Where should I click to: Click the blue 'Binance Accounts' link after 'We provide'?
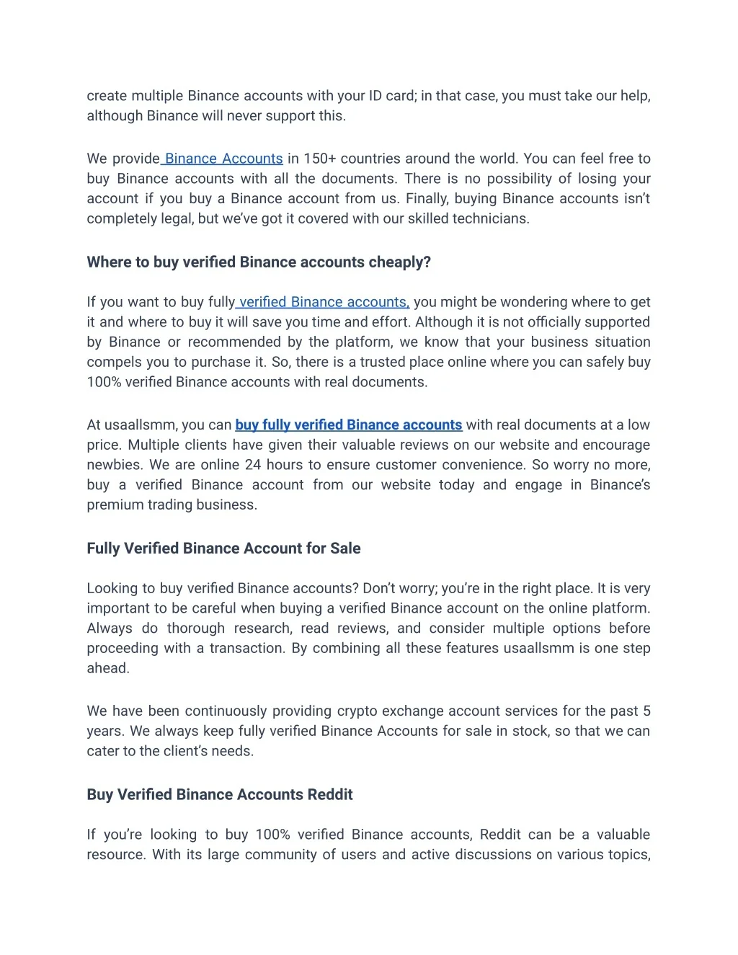[223, 159]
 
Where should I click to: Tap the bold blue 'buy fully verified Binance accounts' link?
[348, 425]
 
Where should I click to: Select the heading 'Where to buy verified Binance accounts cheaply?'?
[259, 262]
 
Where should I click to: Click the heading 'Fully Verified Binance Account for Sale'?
[223, 548]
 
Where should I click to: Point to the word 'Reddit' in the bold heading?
[330, 795]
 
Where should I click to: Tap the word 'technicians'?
[494, 218]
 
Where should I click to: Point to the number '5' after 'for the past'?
[646, 711]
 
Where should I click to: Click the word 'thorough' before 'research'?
[196, 628]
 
